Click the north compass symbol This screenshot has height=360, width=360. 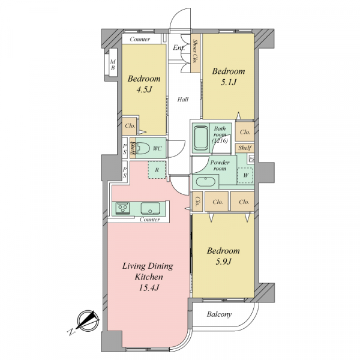88,320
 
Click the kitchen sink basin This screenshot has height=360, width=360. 149,208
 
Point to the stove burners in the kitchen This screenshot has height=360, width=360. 122,208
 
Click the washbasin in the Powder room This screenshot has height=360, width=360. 205,182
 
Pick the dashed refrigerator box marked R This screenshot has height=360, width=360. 157,170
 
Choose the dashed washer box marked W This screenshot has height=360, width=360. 245,175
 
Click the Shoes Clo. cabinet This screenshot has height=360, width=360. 195,53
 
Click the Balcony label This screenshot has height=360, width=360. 219,314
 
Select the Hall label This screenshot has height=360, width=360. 183,100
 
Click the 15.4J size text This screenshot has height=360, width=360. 149,287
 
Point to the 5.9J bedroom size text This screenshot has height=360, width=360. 223,262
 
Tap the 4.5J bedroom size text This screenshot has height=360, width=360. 144,89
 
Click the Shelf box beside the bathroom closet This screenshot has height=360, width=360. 245,148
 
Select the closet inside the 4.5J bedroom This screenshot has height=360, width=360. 130,126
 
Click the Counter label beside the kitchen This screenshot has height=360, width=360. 149,220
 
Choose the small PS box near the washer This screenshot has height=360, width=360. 251,160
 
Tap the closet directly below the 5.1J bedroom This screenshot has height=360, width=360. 245,131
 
